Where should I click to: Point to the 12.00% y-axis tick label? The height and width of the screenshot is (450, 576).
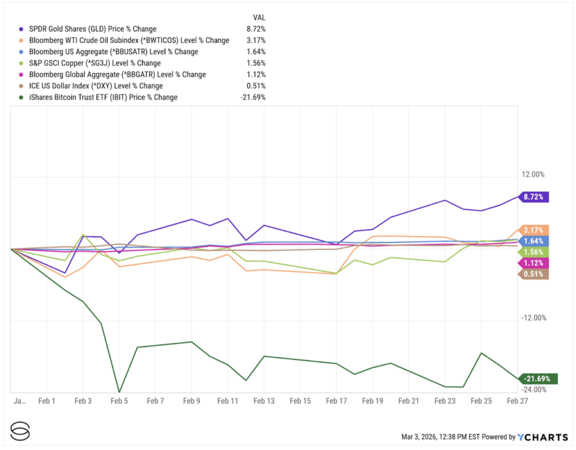pos(532,174)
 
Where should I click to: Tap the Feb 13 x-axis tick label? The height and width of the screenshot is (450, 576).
pos(264,401)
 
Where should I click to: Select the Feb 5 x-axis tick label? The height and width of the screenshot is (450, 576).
pos(119,401)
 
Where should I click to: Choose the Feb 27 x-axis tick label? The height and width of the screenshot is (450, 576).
pos(516,401)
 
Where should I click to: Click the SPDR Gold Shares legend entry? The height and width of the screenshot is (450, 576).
pos(93,29)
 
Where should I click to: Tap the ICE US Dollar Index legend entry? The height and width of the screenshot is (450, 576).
pos(96,86)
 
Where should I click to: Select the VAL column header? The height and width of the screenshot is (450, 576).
pos(259,17)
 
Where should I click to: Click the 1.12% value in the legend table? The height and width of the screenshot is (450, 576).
pos(255,74)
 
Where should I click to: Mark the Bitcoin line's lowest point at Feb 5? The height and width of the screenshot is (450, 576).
pos(119,391)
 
